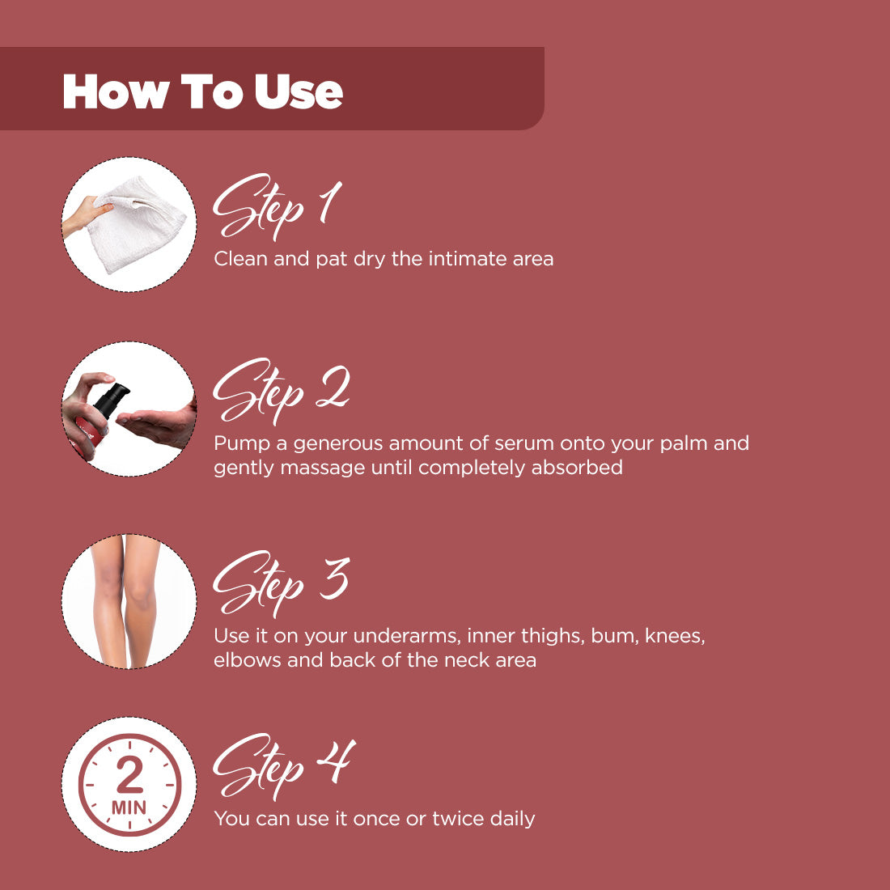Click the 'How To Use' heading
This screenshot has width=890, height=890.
coord(202,91)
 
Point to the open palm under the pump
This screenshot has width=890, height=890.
coord(158,421)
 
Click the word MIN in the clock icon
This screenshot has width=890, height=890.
coord(129,807)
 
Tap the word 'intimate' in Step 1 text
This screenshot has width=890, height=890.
coord(471,260)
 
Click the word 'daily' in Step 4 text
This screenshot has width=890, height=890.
coord(512,819)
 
